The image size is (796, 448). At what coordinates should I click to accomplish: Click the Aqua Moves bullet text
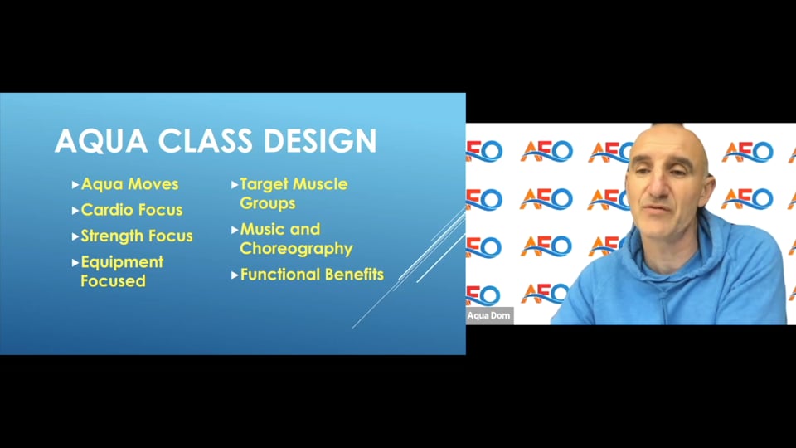[x=129, y=184]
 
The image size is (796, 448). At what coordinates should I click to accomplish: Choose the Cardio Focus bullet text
[x=132, y=210]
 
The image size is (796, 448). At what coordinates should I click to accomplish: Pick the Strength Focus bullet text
[x=137, y=236]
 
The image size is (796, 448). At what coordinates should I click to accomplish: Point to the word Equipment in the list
[x=122, y=262]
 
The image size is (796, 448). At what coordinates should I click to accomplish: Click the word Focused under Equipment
[x=113, y=281]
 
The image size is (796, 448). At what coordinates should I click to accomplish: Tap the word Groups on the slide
[x=267, y=203]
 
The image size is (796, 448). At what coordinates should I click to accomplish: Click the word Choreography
[x=296, y=248]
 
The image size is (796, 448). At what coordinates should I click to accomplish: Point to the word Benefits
[x=354, y=274]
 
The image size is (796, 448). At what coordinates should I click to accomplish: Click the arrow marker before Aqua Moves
[x=75, y=184]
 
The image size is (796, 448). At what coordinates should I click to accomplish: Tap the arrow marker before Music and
[x=235, y=229]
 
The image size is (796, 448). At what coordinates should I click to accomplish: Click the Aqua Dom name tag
[x=489, y=315]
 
